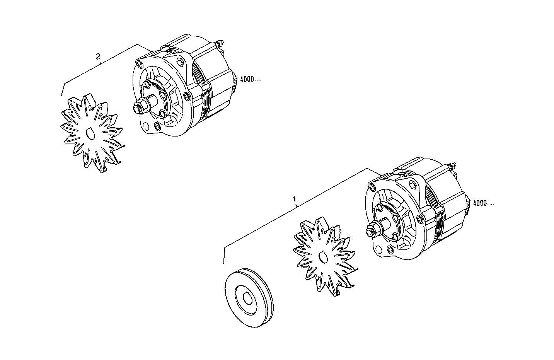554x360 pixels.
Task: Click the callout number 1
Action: (x=295, y=200)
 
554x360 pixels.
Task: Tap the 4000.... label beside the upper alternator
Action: (x=251, y=80)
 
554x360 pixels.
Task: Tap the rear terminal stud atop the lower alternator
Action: (x=453, y=167)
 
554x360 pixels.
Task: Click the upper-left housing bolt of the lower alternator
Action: (x=372, y=188)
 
